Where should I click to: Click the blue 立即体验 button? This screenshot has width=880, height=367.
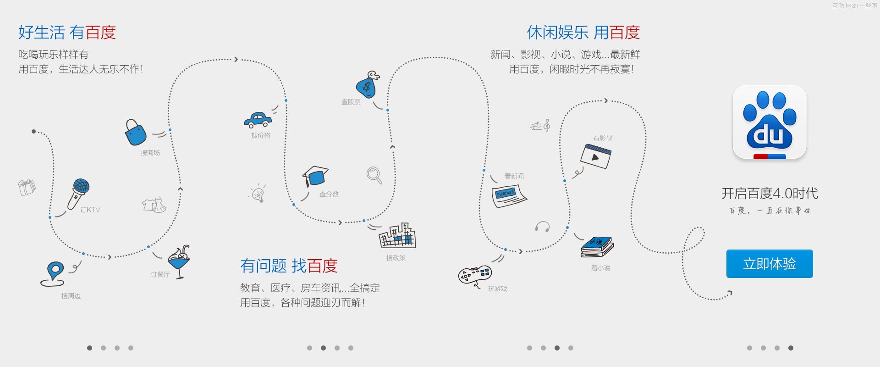pos(770,264)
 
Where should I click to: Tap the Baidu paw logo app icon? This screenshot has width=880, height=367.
pos(770,122)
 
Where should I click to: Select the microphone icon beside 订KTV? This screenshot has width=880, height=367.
pos(79,193)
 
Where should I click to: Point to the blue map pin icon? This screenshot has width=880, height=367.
pos(54,273)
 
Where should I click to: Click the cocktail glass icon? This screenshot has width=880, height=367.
pos(179,261)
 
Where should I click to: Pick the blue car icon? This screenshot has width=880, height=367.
pos(258,120)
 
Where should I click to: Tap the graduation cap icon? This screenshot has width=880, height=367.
pos(315,176)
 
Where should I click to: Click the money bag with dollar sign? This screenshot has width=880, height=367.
pos(368,84)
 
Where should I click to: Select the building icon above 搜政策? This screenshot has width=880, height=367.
pos(397,236)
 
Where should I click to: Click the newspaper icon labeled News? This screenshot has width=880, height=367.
pos(508,196)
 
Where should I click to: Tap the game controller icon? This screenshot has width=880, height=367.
pos(475,275)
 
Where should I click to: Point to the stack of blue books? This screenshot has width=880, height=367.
pos(597,247)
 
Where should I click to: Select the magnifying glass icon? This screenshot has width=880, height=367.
pos(374,175)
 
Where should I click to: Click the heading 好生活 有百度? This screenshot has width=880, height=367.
pos(67,33)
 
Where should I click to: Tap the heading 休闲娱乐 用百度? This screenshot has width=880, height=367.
pos(583,33)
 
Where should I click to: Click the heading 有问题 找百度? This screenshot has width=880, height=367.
pos(289,266)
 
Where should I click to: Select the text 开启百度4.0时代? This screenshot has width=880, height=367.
pos(770,194)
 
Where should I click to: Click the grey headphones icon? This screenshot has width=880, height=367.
pos(542,227)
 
